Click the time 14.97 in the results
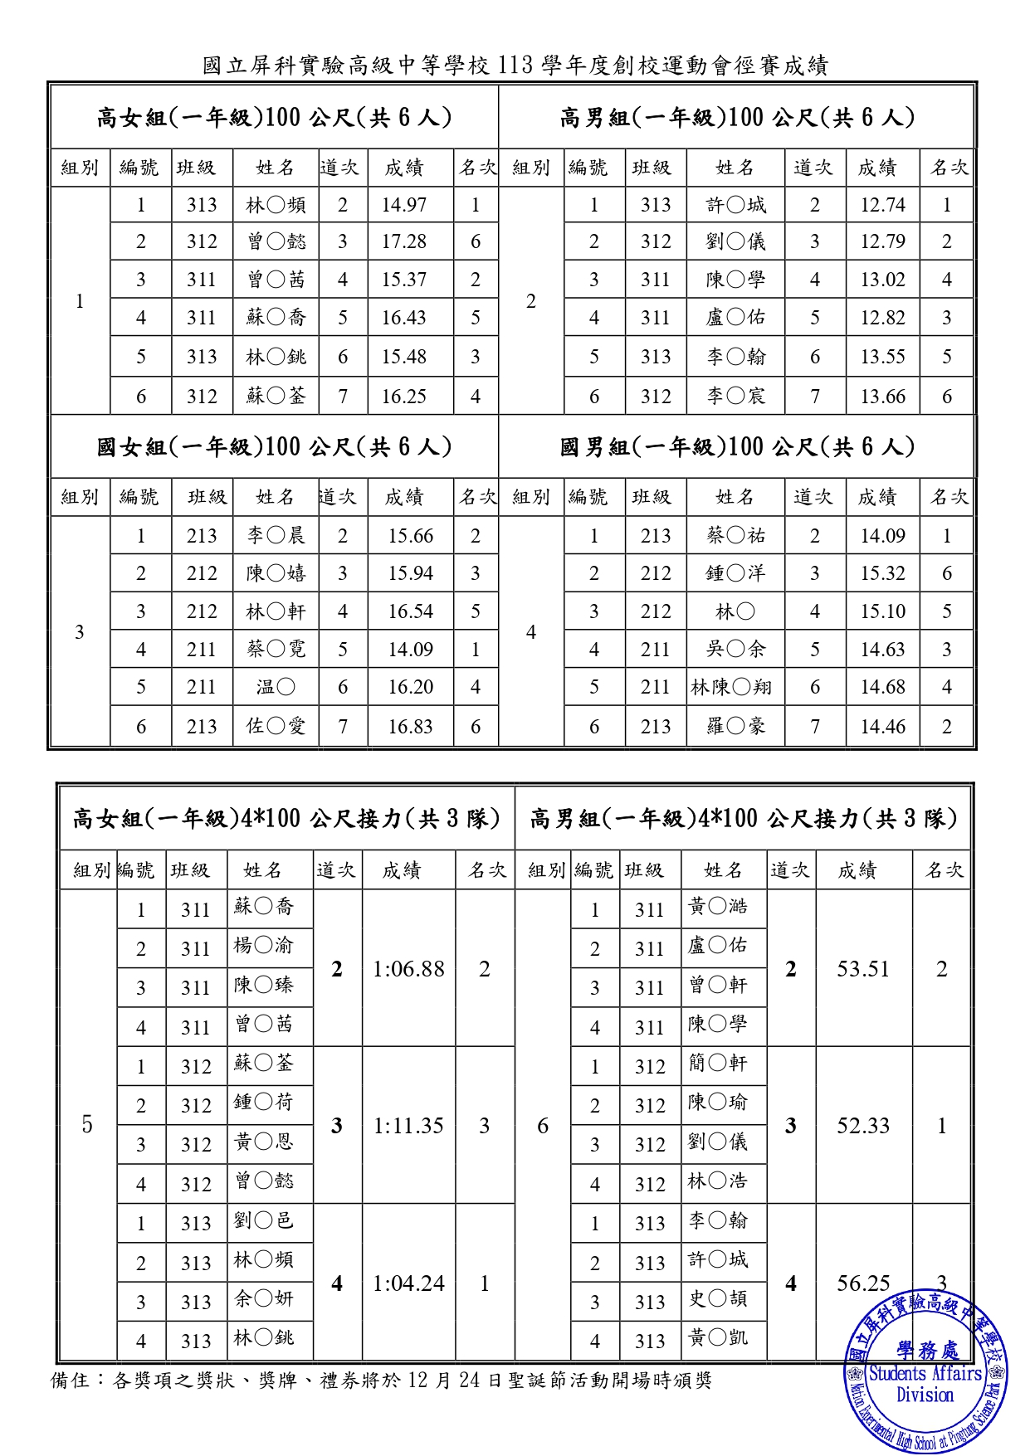point(403,205)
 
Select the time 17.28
point(403,241)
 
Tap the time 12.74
point(882,205)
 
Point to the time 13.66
point(882,397)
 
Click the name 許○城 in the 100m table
point(736,205)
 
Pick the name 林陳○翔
point(731,687)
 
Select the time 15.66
point(410,536)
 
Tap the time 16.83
point(410,727)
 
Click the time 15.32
point(882,573)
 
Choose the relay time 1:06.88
point(408,969)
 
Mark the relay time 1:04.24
point(408,1283)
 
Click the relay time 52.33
point(863,1126)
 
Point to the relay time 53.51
point(863,969)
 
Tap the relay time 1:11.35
point(408,1126)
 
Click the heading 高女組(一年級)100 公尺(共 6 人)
point(274,118)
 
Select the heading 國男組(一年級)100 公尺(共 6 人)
point(737,447)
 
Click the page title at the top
point(515,65)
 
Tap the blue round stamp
point(925,1373)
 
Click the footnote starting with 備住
point(382,1380)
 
